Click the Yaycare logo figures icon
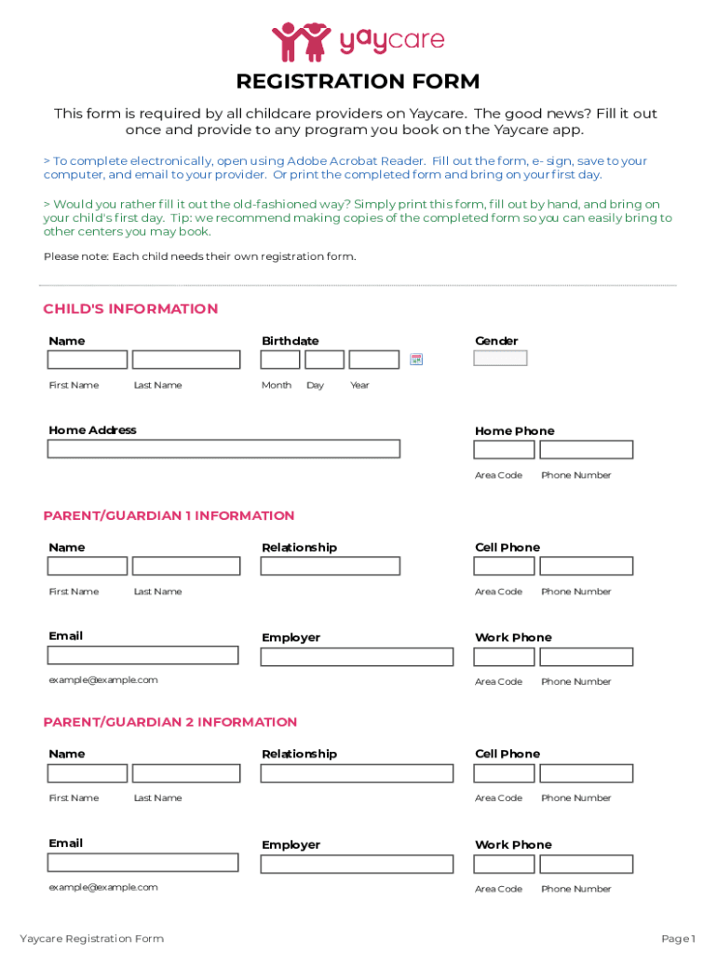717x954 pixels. click(301, 41)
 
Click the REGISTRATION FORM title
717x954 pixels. click(358, 81)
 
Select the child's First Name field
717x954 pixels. click(88, 360)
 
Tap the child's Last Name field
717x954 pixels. click(186, 360)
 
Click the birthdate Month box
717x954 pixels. click(280, 360)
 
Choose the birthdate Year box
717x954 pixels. click(373, 360)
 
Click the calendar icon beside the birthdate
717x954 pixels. click(416, 360)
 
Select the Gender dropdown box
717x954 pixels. click(500, 358)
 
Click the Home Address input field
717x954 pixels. click(223, 449)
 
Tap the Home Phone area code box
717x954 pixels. click(504, 450)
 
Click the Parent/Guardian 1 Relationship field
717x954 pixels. click(330, 566)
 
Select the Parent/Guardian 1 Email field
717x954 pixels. click(143, 655)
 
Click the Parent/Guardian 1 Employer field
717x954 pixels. click(357, 657)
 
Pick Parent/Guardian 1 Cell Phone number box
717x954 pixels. click(586, 566)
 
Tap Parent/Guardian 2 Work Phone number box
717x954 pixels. click(586, 864)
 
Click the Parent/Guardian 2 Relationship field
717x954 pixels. click(357, 773)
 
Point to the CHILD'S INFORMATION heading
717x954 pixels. click(130, 309)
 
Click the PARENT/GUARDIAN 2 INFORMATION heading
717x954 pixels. click(170, 722)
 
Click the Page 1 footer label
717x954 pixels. click(678, 938)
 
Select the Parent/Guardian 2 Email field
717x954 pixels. click(143, 863)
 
